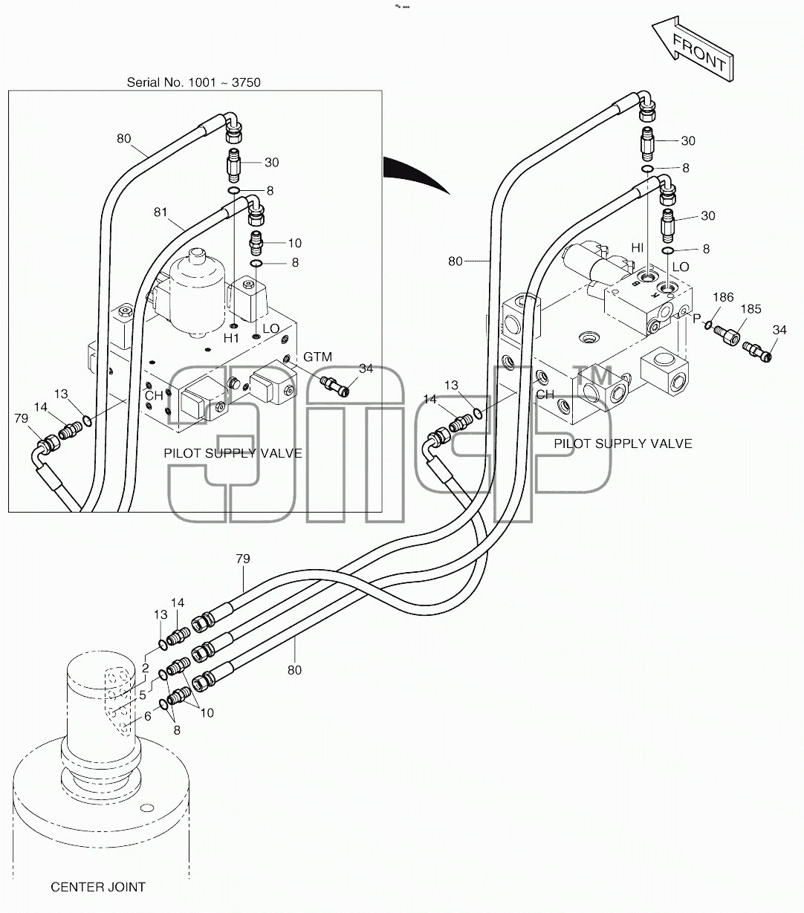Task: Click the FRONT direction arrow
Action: (x=693, y=49)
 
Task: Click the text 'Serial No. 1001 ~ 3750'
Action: (x=193, y=82)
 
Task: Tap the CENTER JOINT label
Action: (x=98, y=887)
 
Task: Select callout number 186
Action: (x=723, y=297)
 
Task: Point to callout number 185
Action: (x=750, y=309)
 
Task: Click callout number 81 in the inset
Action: (x=161, y=212)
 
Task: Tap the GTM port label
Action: (x=317, y=357)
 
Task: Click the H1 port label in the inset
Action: (x=231, y=337)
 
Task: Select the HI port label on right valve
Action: (x=638, y=247)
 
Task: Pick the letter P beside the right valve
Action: (x=697, y=319)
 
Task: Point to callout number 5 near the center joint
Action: (x=143, y=695)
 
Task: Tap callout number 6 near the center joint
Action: (x=148, y=715)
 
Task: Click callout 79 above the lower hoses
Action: (x=242, y=559)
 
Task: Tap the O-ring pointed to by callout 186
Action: (x=708, y=325)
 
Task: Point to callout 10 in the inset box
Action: (x=294, y=244)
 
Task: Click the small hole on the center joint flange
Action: (x=147, y=808)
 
